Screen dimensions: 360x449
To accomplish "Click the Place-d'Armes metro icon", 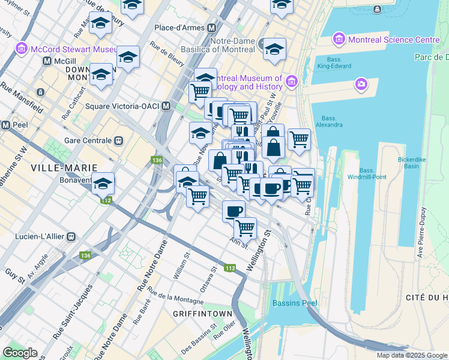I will click(211, 28).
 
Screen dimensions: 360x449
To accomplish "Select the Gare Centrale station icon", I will click(119, 141).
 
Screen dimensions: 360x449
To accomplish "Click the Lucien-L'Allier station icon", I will click(71, 236).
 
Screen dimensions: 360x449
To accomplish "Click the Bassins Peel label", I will click(294, 303).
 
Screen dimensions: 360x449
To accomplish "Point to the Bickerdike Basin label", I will click(412, 163).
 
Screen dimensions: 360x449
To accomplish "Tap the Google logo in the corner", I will click(20, 353).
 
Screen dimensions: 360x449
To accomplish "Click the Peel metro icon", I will click(5, 125).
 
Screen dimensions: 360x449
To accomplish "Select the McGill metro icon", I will click(47, 61).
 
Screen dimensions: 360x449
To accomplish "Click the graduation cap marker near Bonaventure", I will click(103, 184).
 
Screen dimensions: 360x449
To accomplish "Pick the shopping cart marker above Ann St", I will click(245, 227).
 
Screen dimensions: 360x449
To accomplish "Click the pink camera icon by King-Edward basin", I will click(361, 83).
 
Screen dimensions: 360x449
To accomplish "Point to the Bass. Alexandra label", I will click(332, 121).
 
